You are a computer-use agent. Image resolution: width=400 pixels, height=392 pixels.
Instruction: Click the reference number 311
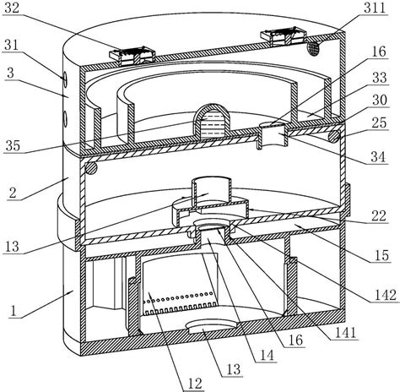click(375, 8)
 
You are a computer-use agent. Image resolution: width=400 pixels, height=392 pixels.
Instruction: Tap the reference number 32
click(12, 8)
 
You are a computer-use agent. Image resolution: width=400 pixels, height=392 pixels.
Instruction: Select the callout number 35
click(13, 145)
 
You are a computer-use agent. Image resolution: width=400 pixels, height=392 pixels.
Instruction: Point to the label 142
click(385, 295)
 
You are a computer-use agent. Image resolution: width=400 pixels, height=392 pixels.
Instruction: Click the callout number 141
click(346, 333)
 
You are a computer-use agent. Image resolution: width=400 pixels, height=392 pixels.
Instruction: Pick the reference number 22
click(379, 216)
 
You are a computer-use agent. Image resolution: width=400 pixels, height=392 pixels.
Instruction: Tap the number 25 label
click(379, 122)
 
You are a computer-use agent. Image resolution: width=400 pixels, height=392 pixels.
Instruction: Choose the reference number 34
click(378, 156)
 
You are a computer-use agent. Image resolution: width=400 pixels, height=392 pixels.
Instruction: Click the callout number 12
click(195, 384)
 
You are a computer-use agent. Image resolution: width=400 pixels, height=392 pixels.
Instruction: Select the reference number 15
click(381, 255)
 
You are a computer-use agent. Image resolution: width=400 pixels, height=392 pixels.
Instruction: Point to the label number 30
click(380, 100)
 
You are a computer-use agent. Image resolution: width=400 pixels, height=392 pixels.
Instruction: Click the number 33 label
click(379, 77)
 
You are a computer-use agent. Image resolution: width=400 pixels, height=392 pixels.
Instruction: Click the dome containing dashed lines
click(211, 119)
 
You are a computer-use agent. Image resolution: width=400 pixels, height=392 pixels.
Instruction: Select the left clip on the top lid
click(133, 56)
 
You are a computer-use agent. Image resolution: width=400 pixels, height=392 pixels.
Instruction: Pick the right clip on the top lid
click(284, 35)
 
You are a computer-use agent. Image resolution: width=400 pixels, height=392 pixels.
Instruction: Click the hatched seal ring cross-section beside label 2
click(91, 168)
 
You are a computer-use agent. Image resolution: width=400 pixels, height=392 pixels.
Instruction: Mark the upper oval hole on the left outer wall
click(64, 79)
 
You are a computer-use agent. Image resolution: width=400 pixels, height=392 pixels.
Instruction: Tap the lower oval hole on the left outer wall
click(65, 119)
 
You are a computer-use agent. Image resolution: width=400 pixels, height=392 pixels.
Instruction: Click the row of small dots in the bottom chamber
click(178, 297)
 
